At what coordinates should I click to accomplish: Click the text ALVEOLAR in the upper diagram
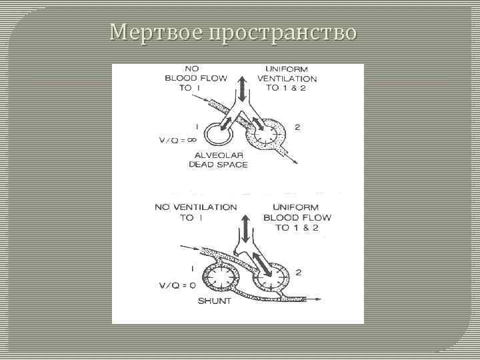(x=219, y=155)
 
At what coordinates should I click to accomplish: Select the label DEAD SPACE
(x=218, y=164)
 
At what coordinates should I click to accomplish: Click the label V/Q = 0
(x=177, y=285)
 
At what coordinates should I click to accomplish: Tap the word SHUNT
(x=215, y=301)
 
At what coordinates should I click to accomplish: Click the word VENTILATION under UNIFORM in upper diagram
(x=291, y=79)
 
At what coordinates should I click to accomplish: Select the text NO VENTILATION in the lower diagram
(x=195, y=207)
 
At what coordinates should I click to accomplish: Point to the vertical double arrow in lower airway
(x=246, y=228)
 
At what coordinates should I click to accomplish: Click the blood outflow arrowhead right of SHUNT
(x=327, y=299)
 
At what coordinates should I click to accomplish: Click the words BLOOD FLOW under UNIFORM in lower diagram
(x=297, y=218)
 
